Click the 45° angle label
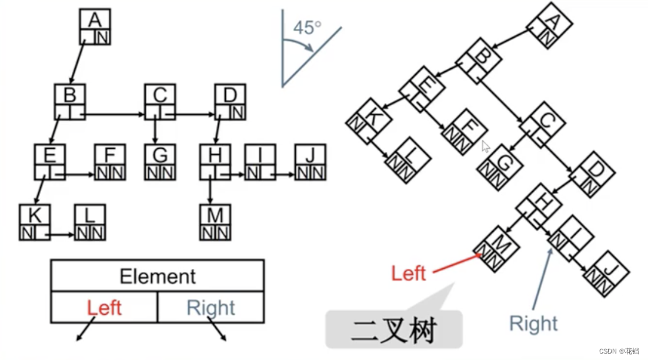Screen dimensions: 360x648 tap(308, 28)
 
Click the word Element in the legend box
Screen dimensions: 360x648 tap(158, 276)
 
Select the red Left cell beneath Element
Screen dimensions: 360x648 tap(104, 308)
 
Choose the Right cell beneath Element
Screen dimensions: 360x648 tap(211, 308)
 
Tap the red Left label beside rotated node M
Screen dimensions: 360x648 tap(409, 273)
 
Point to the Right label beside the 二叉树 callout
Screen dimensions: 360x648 tap(533, 323)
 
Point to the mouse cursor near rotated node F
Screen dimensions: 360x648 tap(486, 146)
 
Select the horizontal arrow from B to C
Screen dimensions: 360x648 tap(115, 114)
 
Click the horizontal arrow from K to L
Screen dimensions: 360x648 tap(61, 235)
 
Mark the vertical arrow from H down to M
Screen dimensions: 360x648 tap(211, 191)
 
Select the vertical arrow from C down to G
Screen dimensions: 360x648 tap(155, 131)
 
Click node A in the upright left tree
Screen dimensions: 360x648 tap(95, 27)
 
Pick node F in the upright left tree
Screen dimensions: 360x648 tap(111, 162)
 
